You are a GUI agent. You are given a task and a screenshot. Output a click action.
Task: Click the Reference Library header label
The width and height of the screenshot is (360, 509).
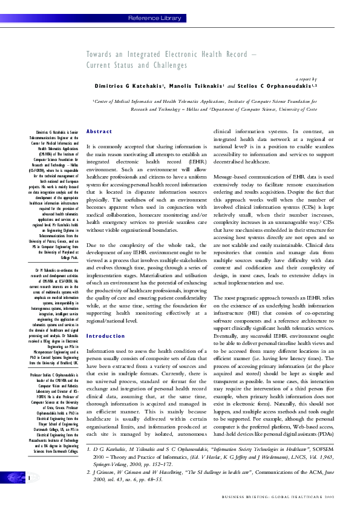[x=154, y=18]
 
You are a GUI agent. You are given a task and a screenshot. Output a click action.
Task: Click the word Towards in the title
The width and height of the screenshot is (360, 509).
[x=100, y=54]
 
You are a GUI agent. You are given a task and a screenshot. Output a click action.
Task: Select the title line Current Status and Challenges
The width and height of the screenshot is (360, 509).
[x=137, y=65]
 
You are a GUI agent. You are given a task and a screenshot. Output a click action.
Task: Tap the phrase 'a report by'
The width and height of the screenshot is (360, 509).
[x=306, y=79]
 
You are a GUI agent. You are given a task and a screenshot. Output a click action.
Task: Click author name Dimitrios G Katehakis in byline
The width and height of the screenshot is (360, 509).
[x=129, y=87]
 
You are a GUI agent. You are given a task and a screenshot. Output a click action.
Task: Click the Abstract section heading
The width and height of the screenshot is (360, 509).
[x=99, y=131]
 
